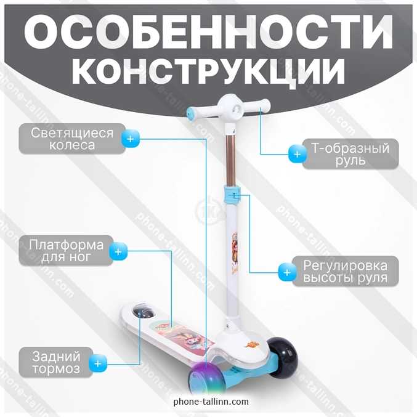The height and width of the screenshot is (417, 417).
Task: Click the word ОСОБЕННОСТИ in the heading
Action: [x=208, y=31]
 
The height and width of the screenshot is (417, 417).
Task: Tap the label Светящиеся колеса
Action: [x=72, y=139]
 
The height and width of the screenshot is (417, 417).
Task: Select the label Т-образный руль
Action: [x=350, y=154]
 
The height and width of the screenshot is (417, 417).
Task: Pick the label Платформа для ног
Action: [x=67, y=251]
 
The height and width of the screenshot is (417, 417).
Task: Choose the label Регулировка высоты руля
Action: [x=345, y=271]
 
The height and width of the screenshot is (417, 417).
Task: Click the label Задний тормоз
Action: [x=56, y=362]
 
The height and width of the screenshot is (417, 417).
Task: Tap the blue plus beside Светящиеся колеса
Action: [x=131, y=139]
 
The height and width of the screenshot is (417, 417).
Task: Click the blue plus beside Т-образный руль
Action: [x=298, y=154]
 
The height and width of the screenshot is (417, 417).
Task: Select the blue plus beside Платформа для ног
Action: [x=118, y=251]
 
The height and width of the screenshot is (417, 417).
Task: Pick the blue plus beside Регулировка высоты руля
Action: [x=287, y=273]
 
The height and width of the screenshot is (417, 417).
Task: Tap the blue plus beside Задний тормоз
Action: [x=98, y=363]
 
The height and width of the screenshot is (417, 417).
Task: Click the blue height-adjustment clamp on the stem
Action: [x=232, y=195]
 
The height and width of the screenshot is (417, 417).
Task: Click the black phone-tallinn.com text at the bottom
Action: [x=211, y=402]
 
